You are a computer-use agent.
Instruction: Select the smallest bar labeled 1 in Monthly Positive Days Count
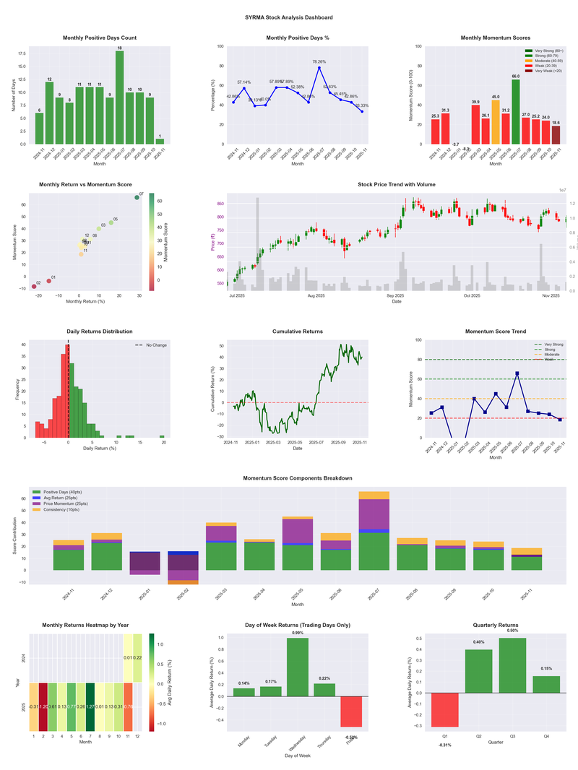pos(160,141)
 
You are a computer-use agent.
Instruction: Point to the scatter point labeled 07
pos(137,197)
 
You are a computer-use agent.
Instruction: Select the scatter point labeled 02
pos(33,287)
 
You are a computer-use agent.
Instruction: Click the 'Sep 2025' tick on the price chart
pos(395,295)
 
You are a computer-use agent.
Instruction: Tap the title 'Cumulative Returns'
pos(298,332)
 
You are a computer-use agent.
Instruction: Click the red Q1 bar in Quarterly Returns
pos(444,709)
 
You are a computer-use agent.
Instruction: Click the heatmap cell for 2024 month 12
pos(138,657)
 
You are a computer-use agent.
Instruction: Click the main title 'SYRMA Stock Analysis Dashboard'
pos(289,17)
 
